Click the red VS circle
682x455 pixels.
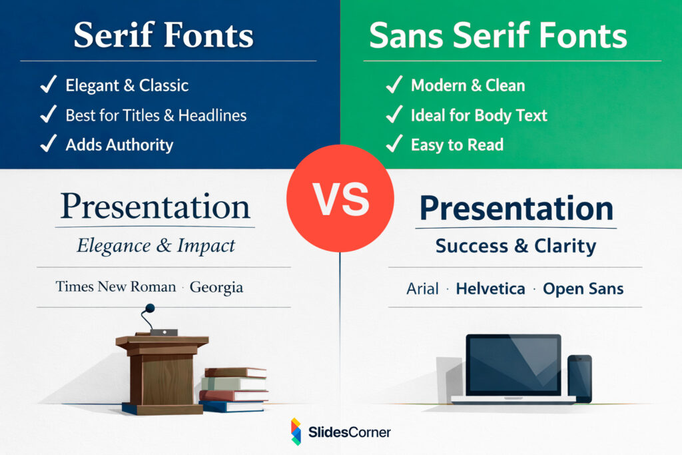tap(340, 198)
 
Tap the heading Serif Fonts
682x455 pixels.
tap(163, 35)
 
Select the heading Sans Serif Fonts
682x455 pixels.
tap(498, 35)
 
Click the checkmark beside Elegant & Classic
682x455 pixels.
tap(48, 85)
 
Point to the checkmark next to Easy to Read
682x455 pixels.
tap(394, 144)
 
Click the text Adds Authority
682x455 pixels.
tap(119, 145)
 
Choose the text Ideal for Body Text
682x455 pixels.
tap(479, 115)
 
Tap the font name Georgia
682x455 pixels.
tap(216, 287)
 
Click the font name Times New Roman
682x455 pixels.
tap(116, 287)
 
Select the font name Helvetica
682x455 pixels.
tap(490, 289)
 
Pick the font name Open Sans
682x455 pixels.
tap(583, 289)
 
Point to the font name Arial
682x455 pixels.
tap(423, 289)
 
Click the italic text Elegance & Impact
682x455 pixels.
tap(156, 245)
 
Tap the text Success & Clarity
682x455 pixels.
tap(515, 246)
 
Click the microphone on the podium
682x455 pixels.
tap(150, 308)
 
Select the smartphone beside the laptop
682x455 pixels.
tap(579, 377)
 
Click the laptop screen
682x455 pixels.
tap(513, 364)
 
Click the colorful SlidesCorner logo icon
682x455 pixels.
tap(296, 432)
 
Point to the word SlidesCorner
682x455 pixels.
tap(349, 432)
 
